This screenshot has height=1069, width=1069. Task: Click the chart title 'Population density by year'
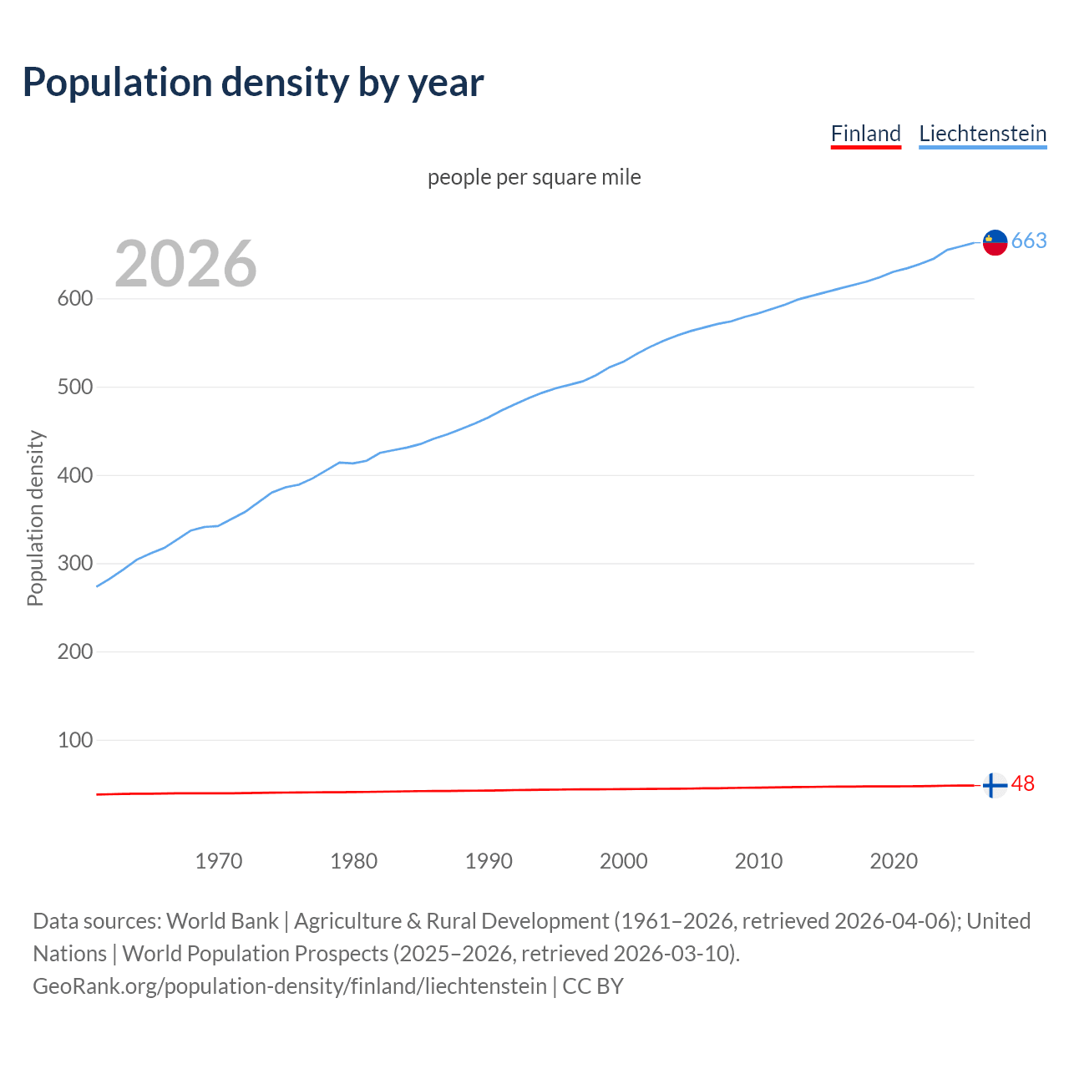tap(253, 82)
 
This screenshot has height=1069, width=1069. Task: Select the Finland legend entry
tap(866, 134)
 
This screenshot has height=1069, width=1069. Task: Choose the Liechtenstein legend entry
tap(982, 134)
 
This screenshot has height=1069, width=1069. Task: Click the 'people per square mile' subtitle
tap(534, 177)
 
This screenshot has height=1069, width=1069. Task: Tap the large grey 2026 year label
tap(185, 264)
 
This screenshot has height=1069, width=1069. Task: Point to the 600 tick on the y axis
tap(75, 299)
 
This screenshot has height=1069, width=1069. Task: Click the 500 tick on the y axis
tap(75, 388)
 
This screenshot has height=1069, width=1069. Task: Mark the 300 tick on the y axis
tap(75, 564)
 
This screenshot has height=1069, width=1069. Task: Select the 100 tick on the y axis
tap(75, 740)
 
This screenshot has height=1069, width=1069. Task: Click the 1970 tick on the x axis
tap(219, 861)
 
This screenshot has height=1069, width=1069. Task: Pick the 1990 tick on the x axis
tap(489, 861)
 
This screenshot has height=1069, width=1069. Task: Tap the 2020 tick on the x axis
tap(894, 861)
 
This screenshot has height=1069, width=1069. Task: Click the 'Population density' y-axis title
tap(35, 518)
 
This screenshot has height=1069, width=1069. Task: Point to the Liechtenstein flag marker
tap(995, 242)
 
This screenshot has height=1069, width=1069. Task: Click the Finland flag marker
tap(994, 786)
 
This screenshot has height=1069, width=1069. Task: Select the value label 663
tap(1029, 241)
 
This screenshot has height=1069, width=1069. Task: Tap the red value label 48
tap(1023, 784)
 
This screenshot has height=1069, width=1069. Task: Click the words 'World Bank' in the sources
tap(222, 921)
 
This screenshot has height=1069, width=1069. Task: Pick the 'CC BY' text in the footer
tap(593, 986)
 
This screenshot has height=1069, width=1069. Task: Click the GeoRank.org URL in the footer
tap(289, 986)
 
